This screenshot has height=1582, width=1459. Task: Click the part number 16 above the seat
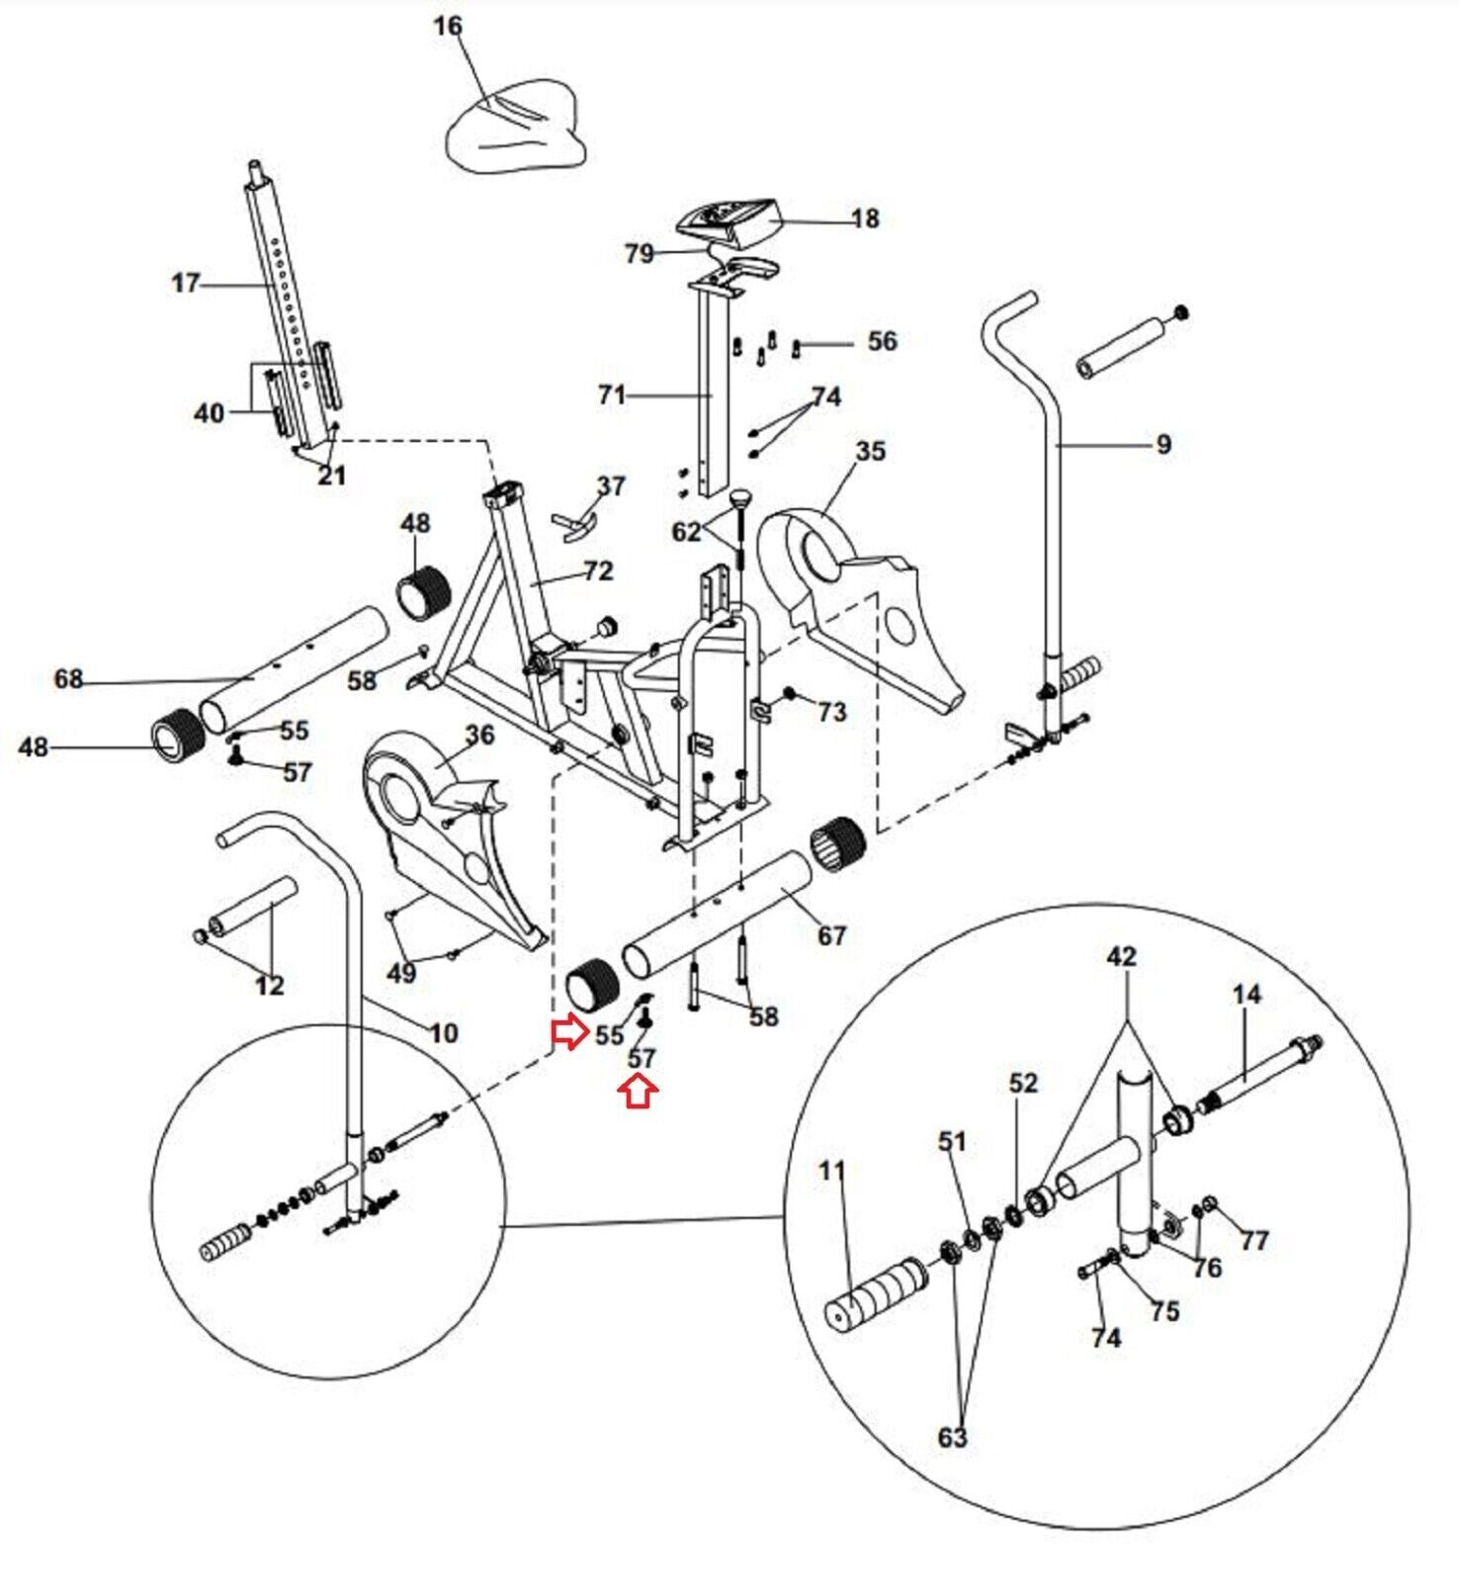tap(448, 26)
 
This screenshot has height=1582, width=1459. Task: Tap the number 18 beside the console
tap(864, 219)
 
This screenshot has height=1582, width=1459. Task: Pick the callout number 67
tap(831, 934)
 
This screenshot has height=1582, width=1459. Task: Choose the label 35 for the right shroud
tap(870, 452)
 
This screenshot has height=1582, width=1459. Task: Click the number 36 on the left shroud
tap(479, 735)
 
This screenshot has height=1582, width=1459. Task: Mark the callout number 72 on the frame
tap(598, 571)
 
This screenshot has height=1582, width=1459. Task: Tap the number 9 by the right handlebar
tap(1162, 445)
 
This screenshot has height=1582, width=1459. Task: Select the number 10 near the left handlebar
tap(444, 1033)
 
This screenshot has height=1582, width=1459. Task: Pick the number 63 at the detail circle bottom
tap(951, 1437)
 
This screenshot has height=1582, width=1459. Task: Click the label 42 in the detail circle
tap(1121, 956)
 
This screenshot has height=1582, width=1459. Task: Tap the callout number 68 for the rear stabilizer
tap(68, 679)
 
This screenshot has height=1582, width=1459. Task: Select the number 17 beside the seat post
tap(185, 284)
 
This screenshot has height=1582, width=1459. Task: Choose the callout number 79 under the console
tap(640, 254)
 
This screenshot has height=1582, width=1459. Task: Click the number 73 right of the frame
tap(832, 712)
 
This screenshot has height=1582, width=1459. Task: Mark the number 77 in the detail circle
tap(1253, 1240)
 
